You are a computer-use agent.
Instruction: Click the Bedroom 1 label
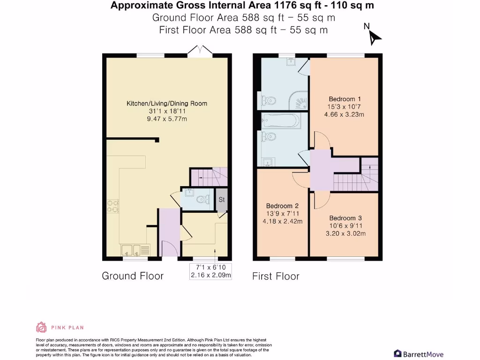coord(345,99)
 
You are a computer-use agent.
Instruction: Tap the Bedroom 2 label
coord(282,206)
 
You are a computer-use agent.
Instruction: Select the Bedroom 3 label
coord(345,218)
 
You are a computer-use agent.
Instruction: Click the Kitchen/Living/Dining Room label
coord(167,104)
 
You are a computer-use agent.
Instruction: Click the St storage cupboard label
coord(222,199)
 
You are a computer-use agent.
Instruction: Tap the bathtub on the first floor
coord(280,121)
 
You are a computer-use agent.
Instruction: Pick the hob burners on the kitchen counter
coord(112,207)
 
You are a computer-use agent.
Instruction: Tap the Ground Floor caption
coord(133,276)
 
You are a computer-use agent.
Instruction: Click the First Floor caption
coord(276,276)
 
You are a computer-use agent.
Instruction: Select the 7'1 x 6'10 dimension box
coord(210,271)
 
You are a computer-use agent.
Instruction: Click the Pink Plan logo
coord(60,327)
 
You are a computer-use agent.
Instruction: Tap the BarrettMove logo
coord(419,354)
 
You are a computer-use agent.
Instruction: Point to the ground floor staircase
coord(208,176)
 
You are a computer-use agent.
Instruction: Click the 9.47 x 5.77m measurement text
coord(167,119)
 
